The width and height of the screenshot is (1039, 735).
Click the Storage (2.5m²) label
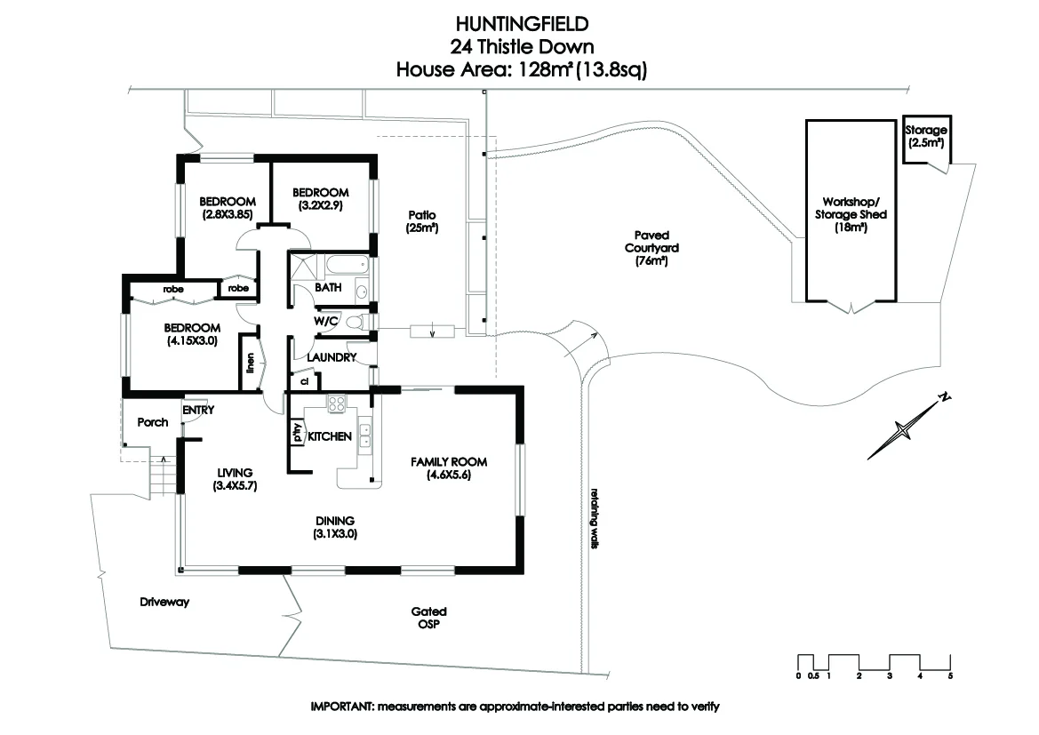(x=925, y=136)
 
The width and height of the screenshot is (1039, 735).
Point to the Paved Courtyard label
(x=646, y=250)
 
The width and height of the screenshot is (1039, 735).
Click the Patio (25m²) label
(x=422, y=221)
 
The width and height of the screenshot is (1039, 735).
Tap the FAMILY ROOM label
(x=449, y=467)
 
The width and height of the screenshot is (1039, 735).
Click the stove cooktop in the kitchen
(x=337, y=403)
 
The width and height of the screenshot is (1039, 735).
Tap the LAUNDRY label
(x=332, y=357)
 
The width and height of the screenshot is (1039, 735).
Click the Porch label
(x=153, y=422)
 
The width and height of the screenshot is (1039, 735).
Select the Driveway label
(x=164, y=602)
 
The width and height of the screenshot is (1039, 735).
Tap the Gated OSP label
(x=428, y=618)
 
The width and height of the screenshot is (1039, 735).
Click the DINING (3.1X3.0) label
(x=334, y=527)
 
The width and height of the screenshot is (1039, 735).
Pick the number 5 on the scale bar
(x=950, y=677)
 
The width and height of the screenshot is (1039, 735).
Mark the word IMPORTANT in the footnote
(x=341, y=707)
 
